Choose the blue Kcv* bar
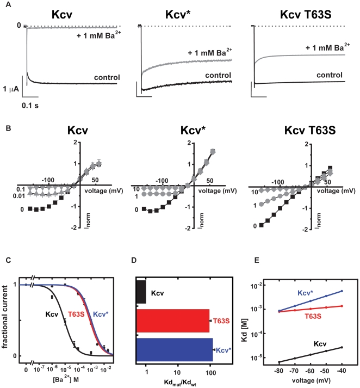[x=174, y=350]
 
